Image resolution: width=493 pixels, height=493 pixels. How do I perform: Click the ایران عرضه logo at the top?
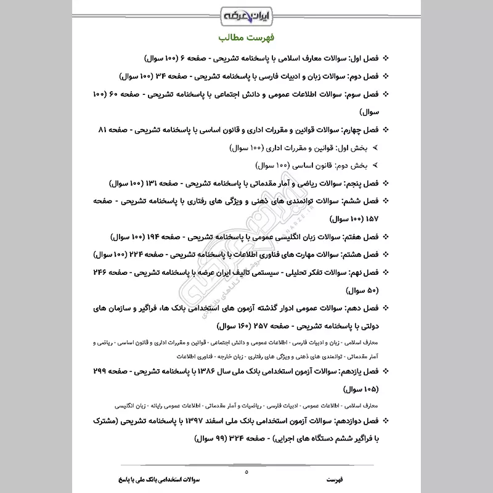[246, 14]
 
